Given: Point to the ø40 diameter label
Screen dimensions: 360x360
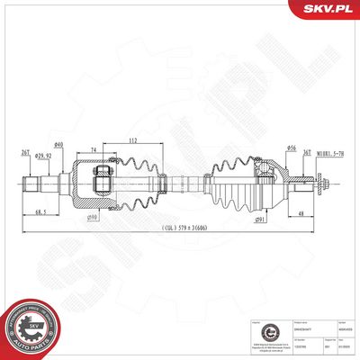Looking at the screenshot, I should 58,146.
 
